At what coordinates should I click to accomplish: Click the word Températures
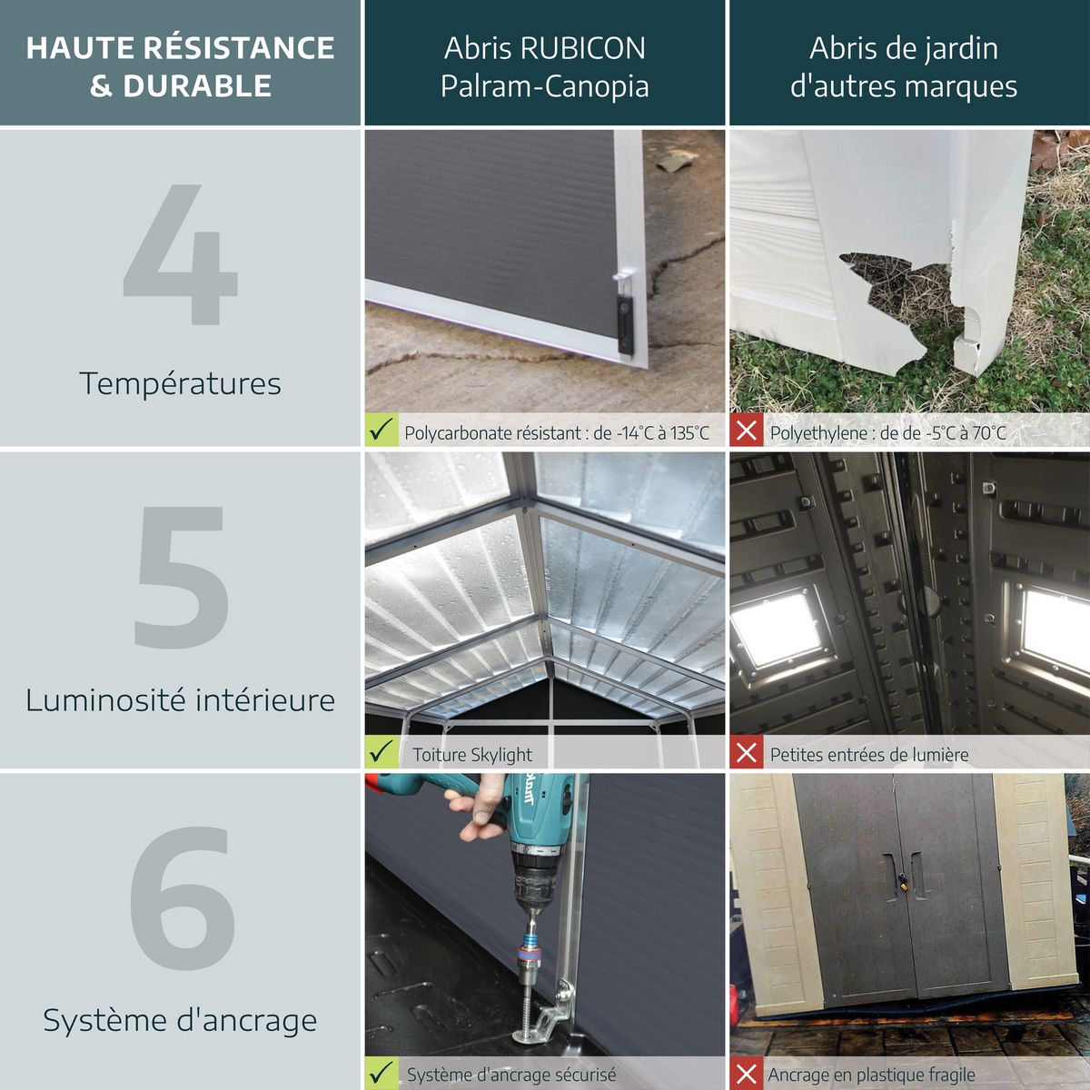[x=180, y=383]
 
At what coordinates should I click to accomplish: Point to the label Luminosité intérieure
[x=180, y=700]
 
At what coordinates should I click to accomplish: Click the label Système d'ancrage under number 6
[x=180, y=1020]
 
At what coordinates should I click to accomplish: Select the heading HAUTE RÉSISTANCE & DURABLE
[x=180, y=66]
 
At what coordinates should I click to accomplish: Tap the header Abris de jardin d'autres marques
[x=903, y=66]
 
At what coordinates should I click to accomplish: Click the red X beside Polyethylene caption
[x=747, y=431]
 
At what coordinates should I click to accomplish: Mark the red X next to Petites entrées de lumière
[x=747, y=752]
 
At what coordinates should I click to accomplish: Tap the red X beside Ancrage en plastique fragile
[x=747, y=1075]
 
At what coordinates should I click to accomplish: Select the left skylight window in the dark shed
[x=778, y=629]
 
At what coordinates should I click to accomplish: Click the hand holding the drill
[x=477, y=811]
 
